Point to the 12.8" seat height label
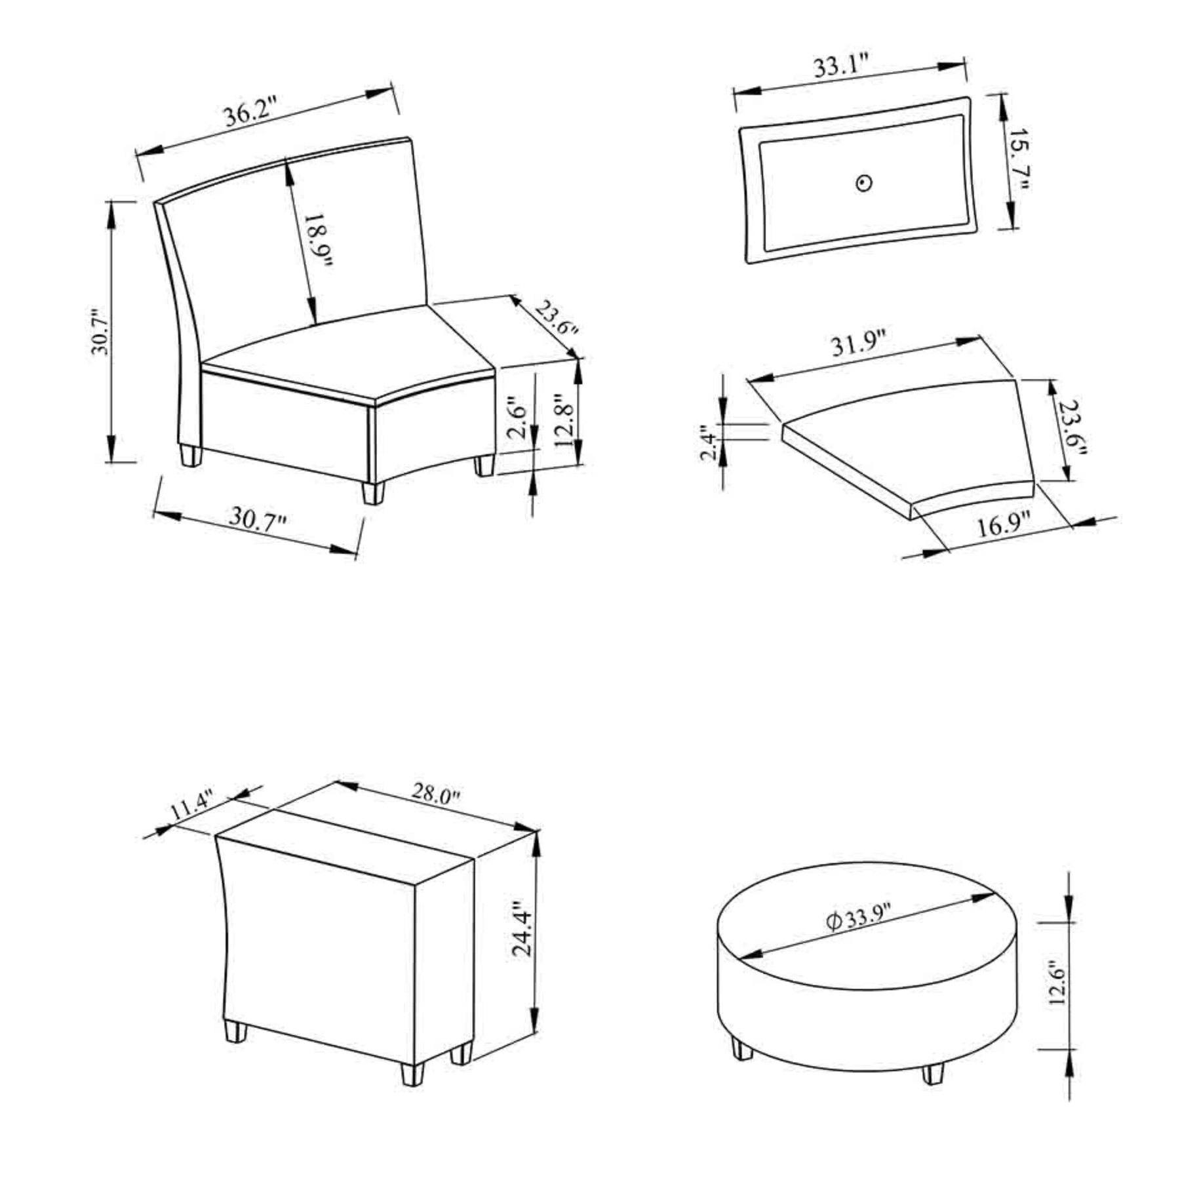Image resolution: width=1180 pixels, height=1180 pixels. pyautogui.click(x=564, y=420)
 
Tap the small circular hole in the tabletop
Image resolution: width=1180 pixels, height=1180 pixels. pyautogui.click(x=864, y=183)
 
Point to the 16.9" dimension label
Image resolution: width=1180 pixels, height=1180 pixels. pyautogui.click(x=1004, y=525)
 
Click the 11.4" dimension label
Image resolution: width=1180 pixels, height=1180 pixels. pyautogui.click(x=192, y=806)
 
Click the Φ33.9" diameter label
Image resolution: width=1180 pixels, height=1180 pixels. pyautogui.click(x=859, y=917)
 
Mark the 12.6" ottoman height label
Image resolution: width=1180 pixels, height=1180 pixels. pyautogui.click(x=1057, y=984)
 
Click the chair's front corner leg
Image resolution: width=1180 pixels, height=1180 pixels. pyautogui.click(x=373, y=492)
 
